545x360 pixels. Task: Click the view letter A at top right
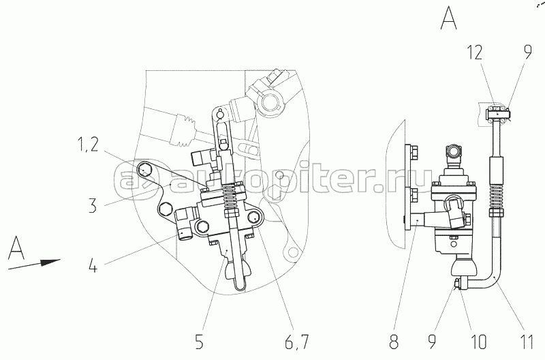[448, 16]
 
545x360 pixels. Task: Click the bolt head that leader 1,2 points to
[143, 169]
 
